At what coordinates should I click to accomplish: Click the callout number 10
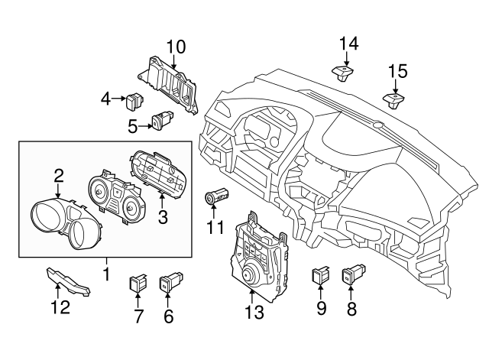[176, 47]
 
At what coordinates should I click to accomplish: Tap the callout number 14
[348, 43]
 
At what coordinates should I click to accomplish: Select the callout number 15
[397, 72]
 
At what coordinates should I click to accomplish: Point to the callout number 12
[60, 308]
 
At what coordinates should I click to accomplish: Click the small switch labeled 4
[136, 98]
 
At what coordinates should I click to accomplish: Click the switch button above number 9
[321, 273]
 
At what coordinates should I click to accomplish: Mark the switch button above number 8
[352, 272]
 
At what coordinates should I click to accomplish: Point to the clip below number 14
[342, 73]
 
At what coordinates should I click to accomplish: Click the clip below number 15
[393, 100]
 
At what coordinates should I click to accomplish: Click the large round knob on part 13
[250, 274]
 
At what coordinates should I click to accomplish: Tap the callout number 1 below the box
[106, 273]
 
